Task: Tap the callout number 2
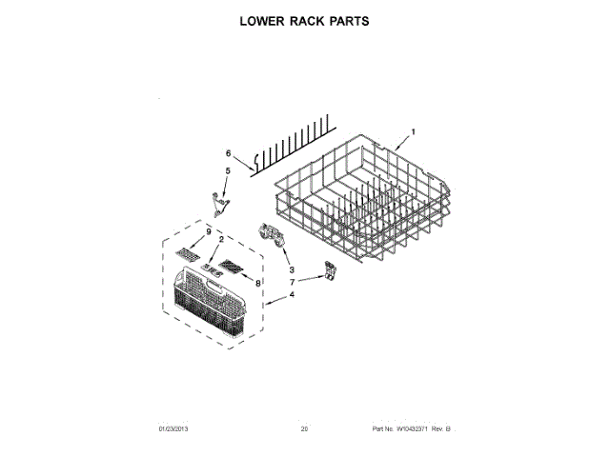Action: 220,239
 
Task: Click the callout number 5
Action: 227,170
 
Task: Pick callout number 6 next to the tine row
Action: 228,153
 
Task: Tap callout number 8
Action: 257,282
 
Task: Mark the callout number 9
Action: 207,232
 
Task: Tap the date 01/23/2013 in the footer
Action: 173,429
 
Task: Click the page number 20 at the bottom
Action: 304,429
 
